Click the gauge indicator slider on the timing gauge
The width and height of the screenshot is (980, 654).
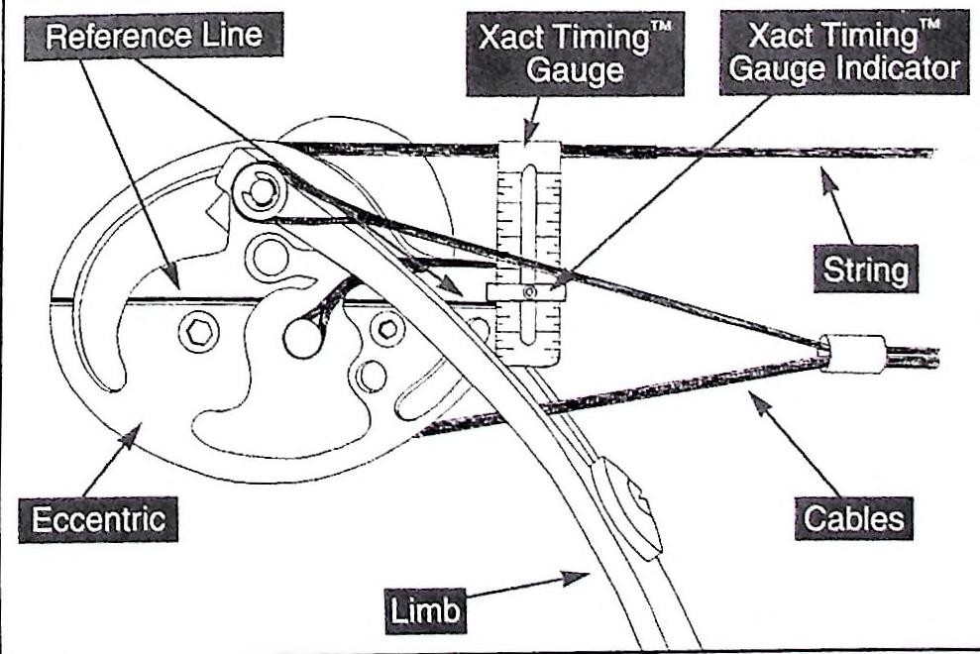529,291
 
